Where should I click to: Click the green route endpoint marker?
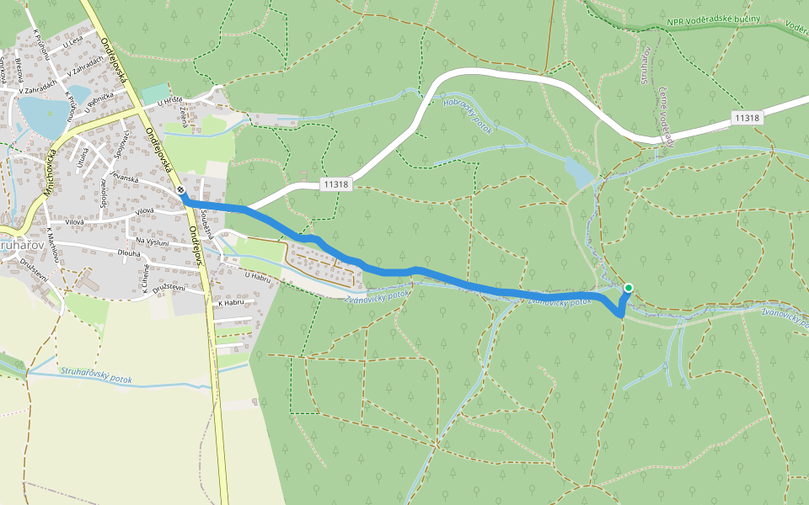tap(628, 288)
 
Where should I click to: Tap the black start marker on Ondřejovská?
tap(182, 191)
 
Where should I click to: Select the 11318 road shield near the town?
tap(335, 183)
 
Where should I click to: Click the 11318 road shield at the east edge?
tap(747, 119)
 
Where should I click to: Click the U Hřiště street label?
tap(170, 102)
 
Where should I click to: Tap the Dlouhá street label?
tap(129, 252)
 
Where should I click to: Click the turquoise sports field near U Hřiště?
tap(155, 94)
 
